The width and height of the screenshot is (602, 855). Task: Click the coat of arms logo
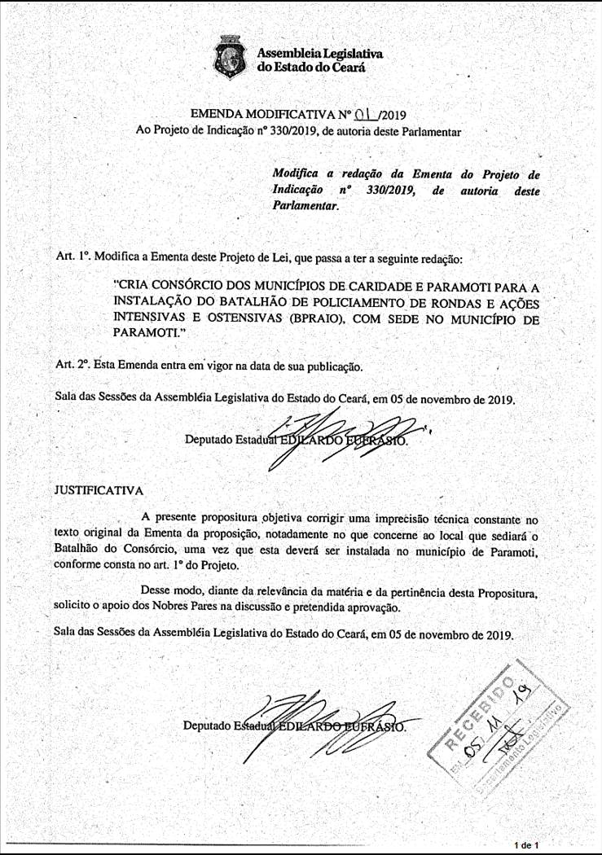click(x=231, y=58)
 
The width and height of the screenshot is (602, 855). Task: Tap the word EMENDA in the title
click(x=218, y=114)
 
